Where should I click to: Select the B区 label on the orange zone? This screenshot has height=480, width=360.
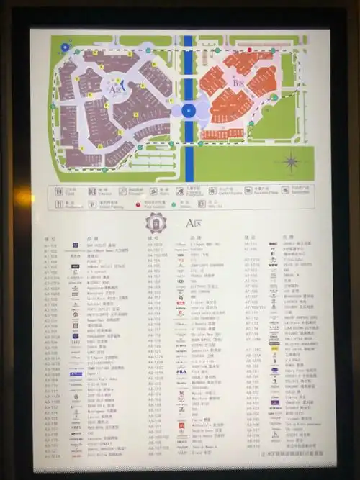click(236, 83)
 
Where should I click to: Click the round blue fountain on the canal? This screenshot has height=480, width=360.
click(189, 111)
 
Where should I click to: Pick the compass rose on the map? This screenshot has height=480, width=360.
click(292, 161)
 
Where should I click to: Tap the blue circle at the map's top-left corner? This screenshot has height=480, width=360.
click(66, 48)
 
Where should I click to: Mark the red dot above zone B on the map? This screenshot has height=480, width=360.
click(250, 50)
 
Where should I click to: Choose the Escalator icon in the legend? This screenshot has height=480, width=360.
click(123, 191)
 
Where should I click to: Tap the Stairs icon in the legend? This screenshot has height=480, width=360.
click(154, 191)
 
